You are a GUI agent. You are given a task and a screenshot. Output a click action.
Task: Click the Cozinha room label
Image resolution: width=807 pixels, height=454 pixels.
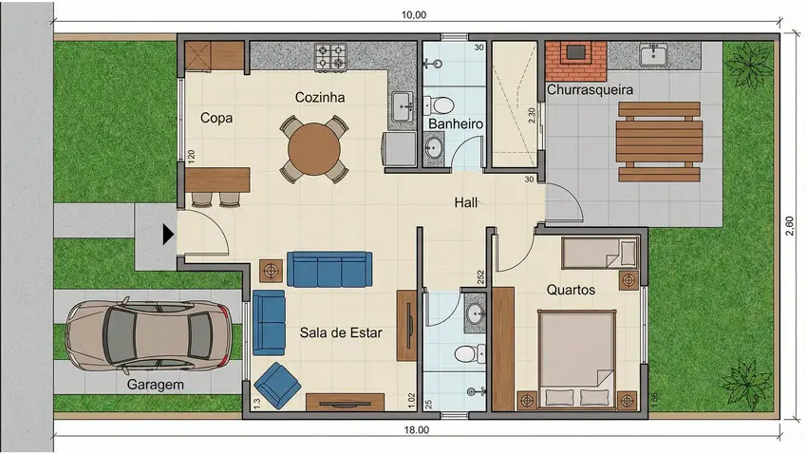320,97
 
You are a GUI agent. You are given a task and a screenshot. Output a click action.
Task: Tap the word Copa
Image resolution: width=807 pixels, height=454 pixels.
216,118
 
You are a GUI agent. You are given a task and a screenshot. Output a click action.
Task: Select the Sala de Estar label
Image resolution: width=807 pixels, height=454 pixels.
341,332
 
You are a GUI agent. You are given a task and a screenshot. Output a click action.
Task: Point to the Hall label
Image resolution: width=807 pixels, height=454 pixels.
466,202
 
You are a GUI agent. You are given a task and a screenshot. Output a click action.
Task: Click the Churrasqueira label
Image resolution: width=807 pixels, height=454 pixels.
590,89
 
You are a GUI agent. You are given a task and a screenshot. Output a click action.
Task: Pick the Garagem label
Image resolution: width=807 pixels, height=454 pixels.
156,385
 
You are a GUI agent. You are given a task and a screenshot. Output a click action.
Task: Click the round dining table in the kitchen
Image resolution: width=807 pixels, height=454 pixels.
314,149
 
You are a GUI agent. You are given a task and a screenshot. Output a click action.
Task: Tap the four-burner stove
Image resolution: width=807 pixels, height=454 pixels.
330,57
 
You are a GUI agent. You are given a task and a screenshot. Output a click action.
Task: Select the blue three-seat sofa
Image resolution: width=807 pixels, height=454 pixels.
329,269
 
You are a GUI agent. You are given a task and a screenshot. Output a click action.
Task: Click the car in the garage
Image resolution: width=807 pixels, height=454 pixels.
149,335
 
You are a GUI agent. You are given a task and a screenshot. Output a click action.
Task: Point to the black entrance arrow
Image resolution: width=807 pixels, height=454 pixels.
168,235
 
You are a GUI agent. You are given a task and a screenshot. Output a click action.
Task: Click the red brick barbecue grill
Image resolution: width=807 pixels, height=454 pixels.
576,61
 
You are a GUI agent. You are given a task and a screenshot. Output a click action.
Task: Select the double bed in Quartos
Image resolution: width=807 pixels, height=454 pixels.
577,359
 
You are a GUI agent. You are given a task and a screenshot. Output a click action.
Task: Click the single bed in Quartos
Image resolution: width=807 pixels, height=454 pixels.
600,253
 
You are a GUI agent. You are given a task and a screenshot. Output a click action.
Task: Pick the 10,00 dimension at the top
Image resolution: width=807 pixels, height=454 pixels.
414,15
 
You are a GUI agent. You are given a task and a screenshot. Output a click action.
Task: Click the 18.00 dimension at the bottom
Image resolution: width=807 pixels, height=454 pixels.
416,430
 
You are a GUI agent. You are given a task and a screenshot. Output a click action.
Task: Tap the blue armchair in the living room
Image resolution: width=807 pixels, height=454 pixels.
277,386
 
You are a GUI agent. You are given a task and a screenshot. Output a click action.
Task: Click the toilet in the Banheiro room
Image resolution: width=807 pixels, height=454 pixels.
439,105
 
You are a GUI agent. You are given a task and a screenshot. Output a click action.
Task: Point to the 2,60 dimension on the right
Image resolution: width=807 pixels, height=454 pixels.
790,226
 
